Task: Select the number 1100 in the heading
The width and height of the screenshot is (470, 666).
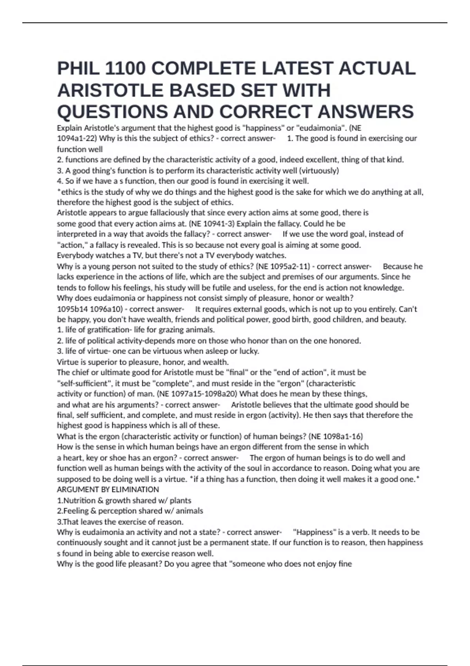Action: [x=125, y=69]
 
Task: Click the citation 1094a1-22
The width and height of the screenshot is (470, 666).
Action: [x=77, y=138]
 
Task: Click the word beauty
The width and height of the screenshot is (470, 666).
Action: [x=393, y=319]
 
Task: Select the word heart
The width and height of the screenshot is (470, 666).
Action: [x=73, y=458]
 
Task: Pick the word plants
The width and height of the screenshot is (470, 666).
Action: [x=181, y=500]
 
